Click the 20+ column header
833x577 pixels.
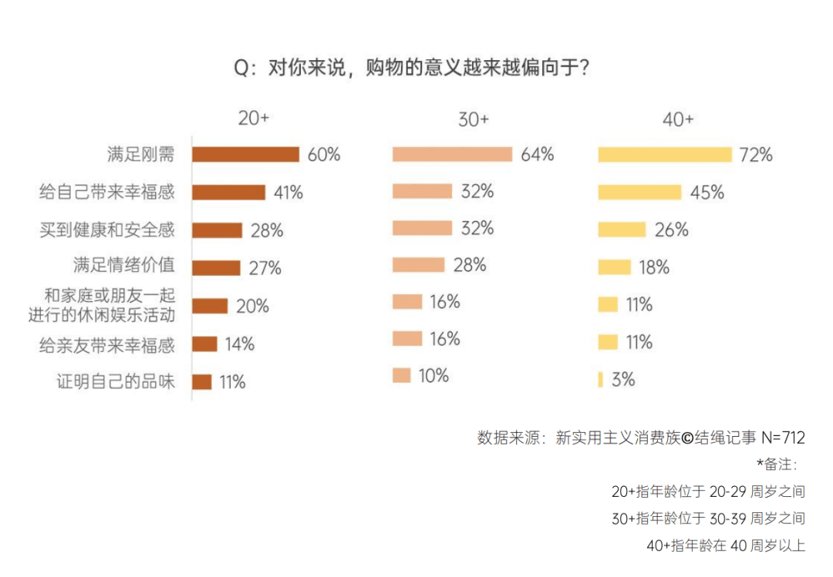[x=254, y=119]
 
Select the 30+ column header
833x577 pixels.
[x=474, y=119]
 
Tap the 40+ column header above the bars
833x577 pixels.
[x=678, y=119]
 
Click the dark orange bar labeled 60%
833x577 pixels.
[x=245, y=155]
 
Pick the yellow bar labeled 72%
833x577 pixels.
[x=665, y=155]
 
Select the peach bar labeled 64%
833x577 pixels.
[x=452, y=154]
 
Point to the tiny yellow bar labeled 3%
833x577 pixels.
[x=600, y=379]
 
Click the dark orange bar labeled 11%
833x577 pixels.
[x=201, y=382]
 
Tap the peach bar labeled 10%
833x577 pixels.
[x=401, y=376]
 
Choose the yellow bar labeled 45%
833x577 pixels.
[x=639, y=192]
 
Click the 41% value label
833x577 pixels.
[x=288, y=193]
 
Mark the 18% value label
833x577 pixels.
[x=654, y=267]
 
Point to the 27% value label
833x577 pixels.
[x=265, y=268]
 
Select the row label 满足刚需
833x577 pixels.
[x=140, y=154]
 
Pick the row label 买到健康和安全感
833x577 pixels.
[x=107, y=230]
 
